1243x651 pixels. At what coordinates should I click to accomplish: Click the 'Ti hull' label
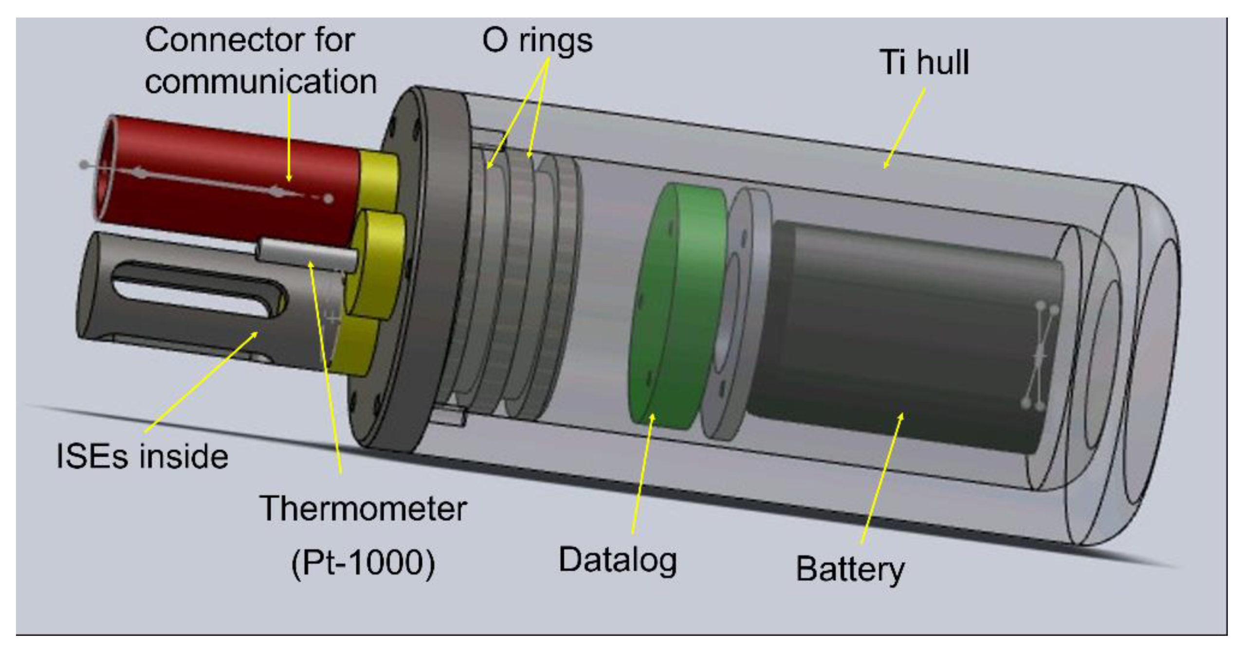[924, 63]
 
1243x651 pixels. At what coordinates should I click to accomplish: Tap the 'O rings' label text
[537, 41]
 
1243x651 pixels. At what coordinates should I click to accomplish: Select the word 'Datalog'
[617, 561]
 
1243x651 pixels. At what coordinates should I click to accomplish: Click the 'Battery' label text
[850, 569]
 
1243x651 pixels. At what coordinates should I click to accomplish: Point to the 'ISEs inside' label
[142, 456]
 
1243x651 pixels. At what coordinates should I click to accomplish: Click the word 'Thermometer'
[363, 509]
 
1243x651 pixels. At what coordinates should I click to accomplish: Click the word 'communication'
[261, 81]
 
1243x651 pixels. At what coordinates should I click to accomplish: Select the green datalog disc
[676, 307]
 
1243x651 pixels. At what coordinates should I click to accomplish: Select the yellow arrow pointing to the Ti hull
[904, 129]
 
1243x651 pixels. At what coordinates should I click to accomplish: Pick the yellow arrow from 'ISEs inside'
[200, 382]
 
